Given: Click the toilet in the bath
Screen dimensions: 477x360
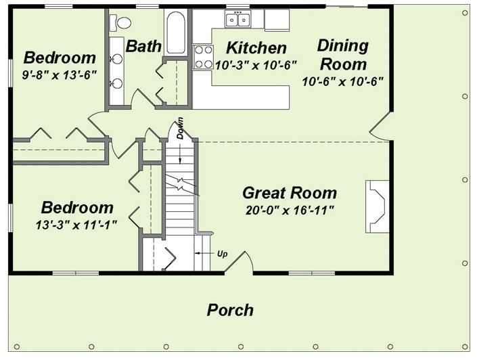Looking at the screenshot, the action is [x=120, y=23].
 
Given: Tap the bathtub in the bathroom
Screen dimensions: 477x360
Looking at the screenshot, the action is [x=175, y=32].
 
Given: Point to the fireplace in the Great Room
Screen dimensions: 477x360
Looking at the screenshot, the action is [x=378, y=206].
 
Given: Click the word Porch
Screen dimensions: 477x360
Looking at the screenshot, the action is [x=230, y=310].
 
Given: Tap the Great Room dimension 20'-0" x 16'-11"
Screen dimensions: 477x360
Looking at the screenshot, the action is [x=290, y=210].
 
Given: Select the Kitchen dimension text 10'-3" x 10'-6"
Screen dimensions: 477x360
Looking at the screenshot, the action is [x=256, y=65].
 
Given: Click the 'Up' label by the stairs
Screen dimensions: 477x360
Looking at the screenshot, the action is [x=223, y=254].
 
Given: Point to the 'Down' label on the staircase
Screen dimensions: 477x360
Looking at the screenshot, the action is [x=181, y=128].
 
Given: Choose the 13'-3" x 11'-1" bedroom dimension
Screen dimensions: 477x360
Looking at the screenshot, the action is [x=76, y=225].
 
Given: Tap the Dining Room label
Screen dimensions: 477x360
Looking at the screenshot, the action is [x=343, y=55].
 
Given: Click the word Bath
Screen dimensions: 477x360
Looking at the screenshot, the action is [x=143, y=46].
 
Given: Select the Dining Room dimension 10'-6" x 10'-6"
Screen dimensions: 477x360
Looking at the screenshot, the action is [x=343, y=82].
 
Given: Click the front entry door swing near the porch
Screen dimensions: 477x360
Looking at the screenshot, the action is [x=239, y=263].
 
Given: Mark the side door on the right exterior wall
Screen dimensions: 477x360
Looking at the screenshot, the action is [x=380, y=125].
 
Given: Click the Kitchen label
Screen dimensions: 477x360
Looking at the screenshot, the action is [x=256, y=48].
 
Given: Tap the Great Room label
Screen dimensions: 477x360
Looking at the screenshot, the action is [x=290, y=193].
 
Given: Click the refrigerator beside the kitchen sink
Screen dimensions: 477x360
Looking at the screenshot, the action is [x=277, y=20].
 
